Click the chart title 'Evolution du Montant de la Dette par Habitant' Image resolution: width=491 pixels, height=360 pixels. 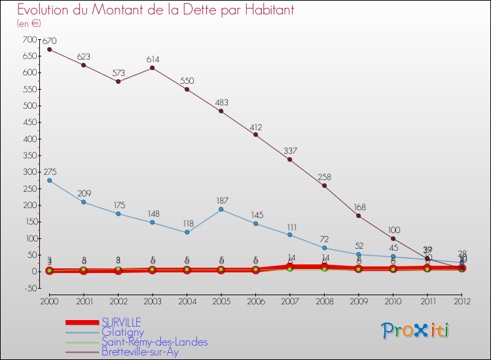click(155, 10)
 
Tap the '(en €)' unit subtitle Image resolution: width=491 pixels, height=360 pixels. click(29, 24)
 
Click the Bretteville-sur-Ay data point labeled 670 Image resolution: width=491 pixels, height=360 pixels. click(49, 49)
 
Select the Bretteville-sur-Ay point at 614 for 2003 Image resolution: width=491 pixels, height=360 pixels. click(153, 68)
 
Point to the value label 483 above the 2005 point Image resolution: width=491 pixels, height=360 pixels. click(221, 103)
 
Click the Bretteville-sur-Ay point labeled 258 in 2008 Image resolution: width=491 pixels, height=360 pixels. click(324, 185)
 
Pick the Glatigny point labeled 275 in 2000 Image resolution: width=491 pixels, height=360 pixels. click(49, 180)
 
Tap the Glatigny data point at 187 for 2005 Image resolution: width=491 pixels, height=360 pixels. click(221, 209)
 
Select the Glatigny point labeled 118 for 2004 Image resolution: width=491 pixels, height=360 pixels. click(187, 232)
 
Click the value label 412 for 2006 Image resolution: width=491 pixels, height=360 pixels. click(255, 126)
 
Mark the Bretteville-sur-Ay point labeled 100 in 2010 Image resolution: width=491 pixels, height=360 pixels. click(393, 238)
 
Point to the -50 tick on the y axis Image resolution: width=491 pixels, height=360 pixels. click(31, 288)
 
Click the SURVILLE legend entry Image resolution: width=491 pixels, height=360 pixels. click(120, 322)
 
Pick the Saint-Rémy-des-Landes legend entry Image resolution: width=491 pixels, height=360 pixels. click(155, 342)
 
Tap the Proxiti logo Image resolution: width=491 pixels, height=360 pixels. click(416, 331)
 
